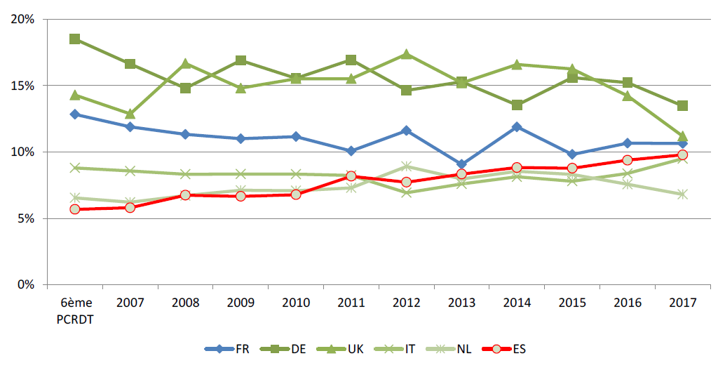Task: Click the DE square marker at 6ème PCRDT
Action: pyautogui.click(x=74, y=39)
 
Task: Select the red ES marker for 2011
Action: pyautogui.click(x=351, y=176)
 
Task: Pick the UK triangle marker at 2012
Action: pyautogui.click(x=406, y=54)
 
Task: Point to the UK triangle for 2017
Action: pyautogui.click(x=682, y=136)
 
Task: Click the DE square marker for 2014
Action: pyautogui.click(x=517, y=105)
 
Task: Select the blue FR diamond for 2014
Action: pyautogui.click(x=517, y=127)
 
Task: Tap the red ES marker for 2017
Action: pyautogui.click(x=682, y=154)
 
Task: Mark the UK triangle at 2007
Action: pyautogui.click(x=130, y=114)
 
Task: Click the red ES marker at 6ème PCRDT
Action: pyautogui.click(x=74, y=209)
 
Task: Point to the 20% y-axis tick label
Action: pyautogui.click(x=23, y=20)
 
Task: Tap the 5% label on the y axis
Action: pyautogui.click(x=26, y=218)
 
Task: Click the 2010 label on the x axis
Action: pyautogui.click(x=295, y=303)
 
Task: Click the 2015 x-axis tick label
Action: pyautogui.click(x=571, y=303)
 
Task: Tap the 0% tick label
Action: pyautogui.click(x=26, y=285)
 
